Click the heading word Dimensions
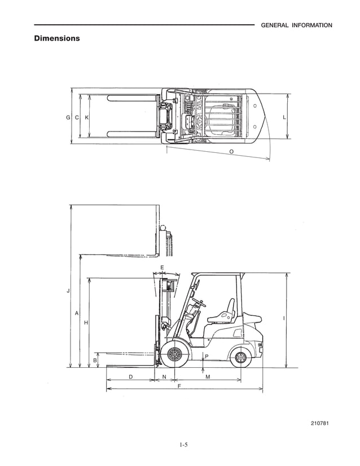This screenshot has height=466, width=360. (x=57, y=38)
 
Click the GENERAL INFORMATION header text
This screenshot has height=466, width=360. (x=296, y=25)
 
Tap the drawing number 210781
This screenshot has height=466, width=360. (x=320, y=423)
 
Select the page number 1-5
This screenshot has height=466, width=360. (x=183, y=445)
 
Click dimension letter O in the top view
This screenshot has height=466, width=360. (x=231, y=151)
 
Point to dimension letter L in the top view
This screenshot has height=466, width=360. (x=284, y=117)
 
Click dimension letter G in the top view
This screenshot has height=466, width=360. (x=68, y=117)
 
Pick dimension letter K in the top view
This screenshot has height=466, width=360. (x=86, y=117)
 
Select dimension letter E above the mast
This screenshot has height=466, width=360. (x=162, y=267)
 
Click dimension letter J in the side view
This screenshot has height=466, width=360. (x=68, y=291)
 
